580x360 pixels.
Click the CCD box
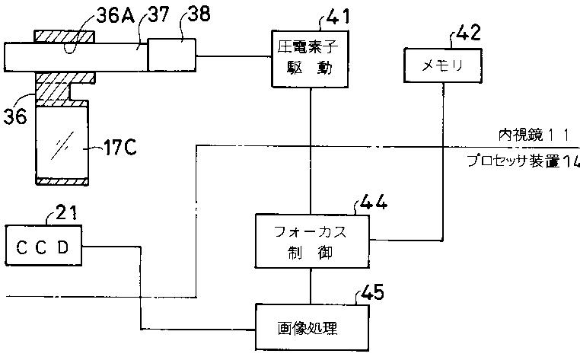(x=43, y=246)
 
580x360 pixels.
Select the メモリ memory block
(x=442, y=65)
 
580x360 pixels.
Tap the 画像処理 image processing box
(x=312, y=328)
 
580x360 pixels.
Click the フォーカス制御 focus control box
(x=312, y=241)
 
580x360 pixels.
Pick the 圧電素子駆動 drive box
(x=310, y=59)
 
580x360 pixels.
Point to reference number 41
(x=337, y=17)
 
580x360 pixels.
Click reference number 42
(x=468, y=33)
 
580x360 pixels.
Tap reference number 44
(x=374, y=202)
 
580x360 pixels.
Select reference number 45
(x=372, y=292)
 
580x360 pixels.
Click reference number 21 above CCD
(x=66, y=213)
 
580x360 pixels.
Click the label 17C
(x=120, y=148)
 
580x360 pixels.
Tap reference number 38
(x=199, y=14)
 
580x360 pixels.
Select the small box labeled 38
(x=171, y=55)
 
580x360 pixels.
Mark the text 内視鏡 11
(x=534, y=135)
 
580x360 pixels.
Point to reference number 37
(x=159, y=15)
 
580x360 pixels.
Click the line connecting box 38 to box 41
(x=234, y=56)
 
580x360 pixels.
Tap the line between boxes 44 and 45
(x=311, y=286)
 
